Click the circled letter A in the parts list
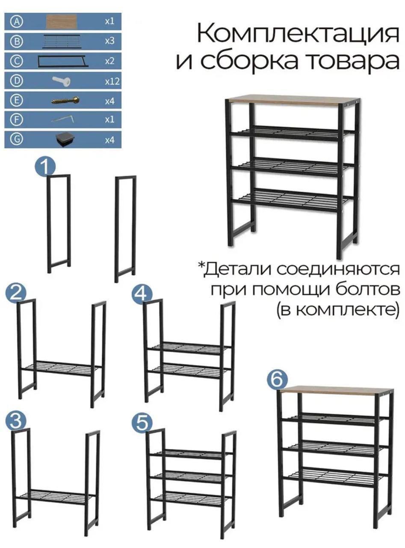point(17,21)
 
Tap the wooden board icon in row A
point(62,21)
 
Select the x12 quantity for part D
point(112,81)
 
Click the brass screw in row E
point(65,101)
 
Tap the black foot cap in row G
point(65,140)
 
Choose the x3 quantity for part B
point(110,41)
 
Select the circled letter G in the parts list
point(17,140)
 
